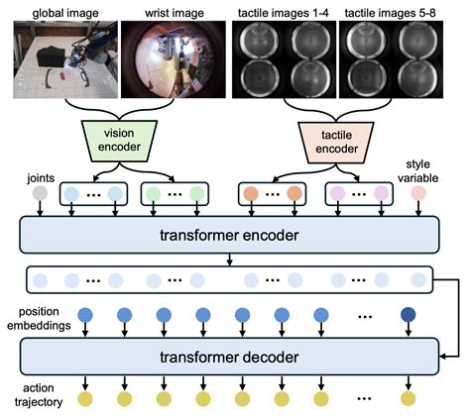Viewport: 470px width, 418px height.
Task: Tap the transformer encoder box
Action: [x=227, y=234]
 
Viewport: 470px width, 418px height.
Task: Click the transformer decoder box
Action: [x=227, y=354]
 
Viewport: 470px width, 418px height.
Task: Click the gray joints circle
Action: [x=40, y=194]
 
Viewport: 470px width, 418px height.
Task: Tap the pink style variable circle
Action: [x=419, y=194]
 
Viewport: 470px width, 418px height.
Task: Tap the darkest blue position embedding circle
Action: [x=410, y=316]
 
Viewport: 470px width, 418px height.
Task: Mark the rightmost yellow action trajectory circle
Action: [x=410, y=399]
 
